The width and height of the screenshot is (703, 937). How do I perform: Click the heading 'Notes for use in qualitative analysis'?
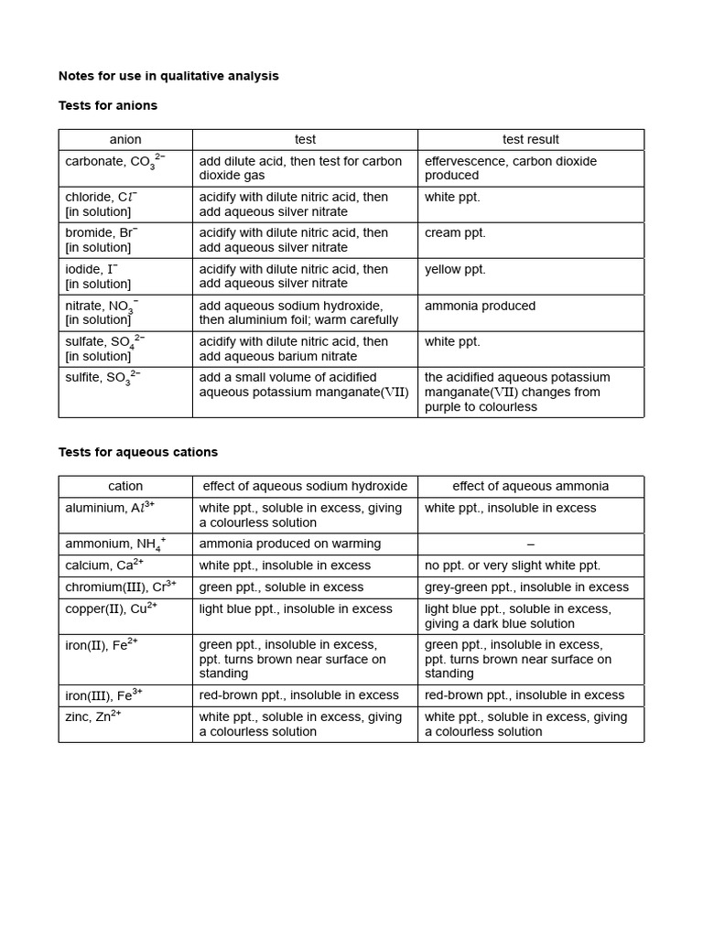point(168,76)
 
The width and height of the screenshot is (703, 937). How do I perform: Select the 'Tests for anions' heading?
point(108,105)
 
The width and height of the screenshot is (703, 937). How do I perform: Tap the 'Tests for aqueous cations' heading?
point(138,452)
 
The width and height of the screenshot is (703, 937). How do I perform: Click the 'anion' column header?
point(125,140)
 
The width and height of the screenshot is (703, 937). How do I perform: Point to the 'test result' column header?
point(530,140)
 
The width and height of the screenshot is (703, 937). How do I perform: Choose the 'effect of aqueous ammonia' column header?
point(530,487)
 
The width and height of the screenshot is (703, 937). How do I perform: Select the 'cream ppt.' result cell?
point(455,233)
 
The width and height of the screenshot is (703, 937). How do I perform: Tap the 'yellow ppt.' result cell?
point(455,270)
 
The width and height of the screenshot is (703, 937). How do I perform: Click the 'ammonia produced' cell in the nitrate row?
point(480,306)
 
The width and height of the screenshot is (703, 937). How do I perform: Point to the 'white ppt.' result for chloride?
point(452,198)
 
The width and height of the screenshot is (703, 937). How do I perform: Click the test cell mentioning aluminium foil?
point(298,313)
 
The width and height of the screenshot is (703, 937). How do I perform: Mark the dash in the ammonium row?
point(531,544)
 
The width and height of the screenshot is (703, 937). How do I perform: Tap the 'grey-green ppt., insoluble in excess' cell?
point(526,587)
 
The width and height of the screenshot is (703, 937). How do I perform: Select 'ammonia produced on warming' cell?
point(289,544)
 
